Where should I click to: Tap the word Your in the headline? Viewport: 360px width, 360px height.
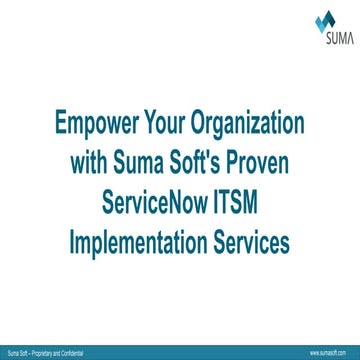coord(169,128)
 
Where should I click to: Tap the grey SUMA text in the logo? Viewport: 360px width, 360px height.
coord(326,41)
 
